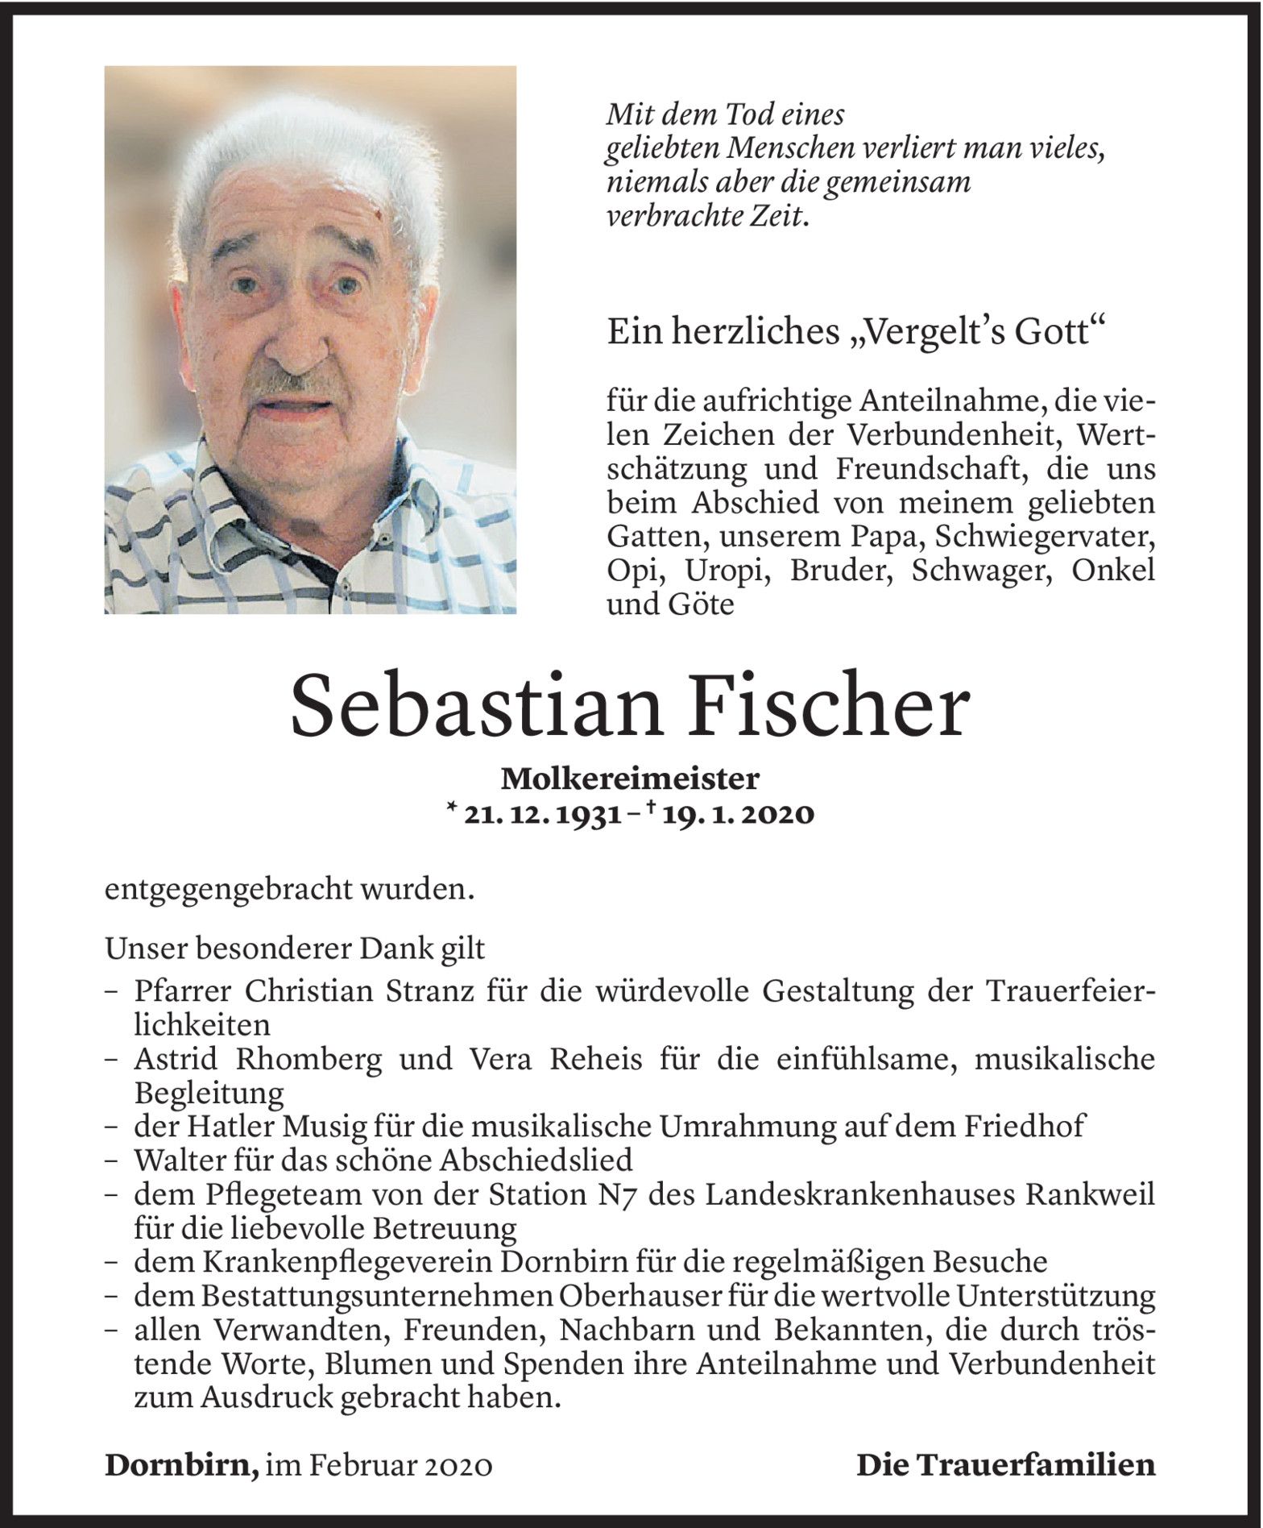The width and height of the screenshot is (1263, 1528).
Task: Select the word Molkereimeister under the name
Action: (631, 779)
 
